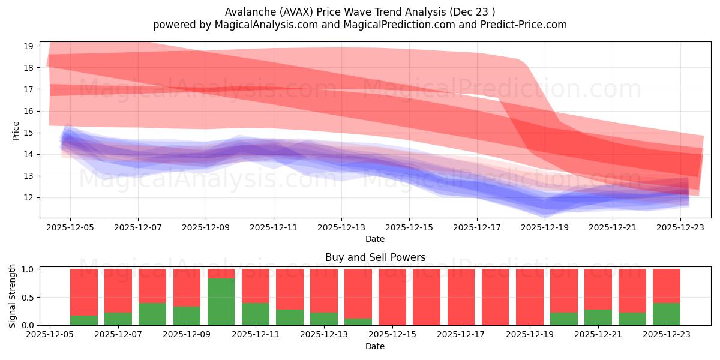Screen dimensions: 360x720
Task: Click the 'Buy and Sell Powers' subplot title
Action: pyautogui.click(x=375, y=257)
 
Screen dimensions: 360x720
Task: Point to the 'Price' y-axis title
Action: pyautogui.click(x=16, y=130)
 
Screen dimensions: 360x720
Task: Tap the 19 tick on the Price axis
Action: pyautogui.click(x=28, y=46)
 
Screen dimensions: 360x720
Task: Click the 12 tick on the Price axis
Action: pyautogui.click(x=28, y=197)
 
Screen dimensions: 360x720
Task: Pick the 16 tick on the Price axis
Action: pyautogui.click(x=28, y=111)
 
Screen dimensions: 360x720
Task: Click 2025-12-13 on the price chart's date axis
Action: pyautogui.click(x=341, y=227)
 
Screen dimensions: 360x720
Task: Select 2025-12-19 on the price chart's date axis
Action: pyautogui.click(x=545, y=227)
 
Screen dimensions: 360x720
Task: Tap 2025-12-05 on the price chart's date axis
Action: pyautogui.click(x=70, y=227)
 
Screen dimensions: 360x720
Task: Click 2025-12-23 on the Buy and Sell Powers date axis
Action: pyautogui.click(x=667, y=335)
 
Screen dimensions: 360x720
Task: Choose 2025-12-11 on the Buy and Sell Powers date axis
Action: pyautogui.click(x=255, y=335)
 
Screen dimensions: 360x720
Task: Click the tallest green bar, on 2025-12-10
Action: pyautogui.click(x=221, y=302)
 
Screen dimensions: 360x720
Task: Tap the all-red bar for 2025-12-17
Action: pyautogui.click(x=461, y=297)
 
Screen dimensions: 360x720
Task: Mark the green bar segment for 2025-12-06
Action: pyautogui.click(x=84, y=320)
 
